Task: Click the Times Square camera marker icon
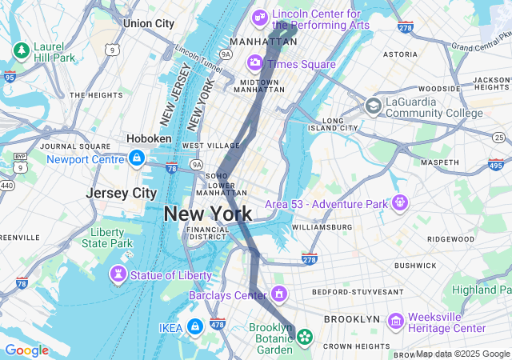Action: (x=255, y=62)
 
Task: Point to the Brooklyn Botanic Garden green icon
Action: (x=304, y=338)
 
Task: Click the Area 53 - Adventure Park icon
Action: (x=399, y=203)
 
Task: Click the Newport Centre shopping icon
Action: (x=137, y=158)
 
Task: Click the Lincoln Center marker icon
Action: (x=261, y=17)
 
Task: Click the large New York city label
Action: (x=208, y=214)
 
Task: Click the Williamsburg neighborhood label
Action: (x=322, y=227)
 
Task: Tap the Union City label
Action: (x=149, y=24)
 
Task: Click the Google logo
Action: (x=26, y=350)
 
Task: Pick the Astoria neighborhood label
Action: (x=400, y=54)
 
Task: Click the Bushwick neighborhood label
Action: (x=414, y=265)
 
